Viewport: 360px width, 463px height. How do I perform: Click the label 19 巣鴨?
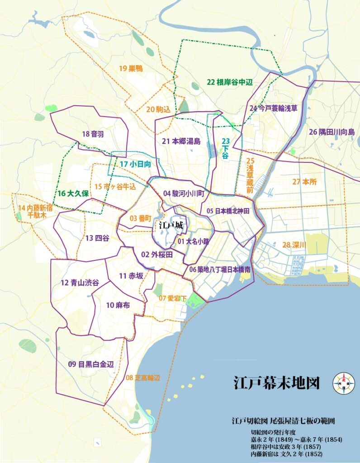(131, 69)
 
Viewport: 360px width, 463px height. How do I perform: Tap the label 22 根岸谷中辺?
(229, 82)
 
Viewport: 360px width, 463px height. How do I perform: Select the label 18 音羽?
(93, 134)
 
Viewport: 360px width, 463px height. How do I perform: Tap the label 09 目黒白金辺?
(90, 364)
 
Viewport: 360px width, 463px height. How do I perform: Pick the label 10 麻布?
(118, 306)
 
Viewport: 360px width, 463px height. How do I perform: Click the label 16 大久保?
(72, 193)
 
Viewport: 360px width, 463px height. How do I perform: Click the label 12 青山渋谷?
(80, 283)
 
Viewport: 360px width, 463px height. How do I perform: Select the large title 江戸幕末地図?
(276, 383)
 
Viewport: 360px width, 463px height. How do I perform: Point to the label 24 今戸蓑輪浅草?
(273, 108)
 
